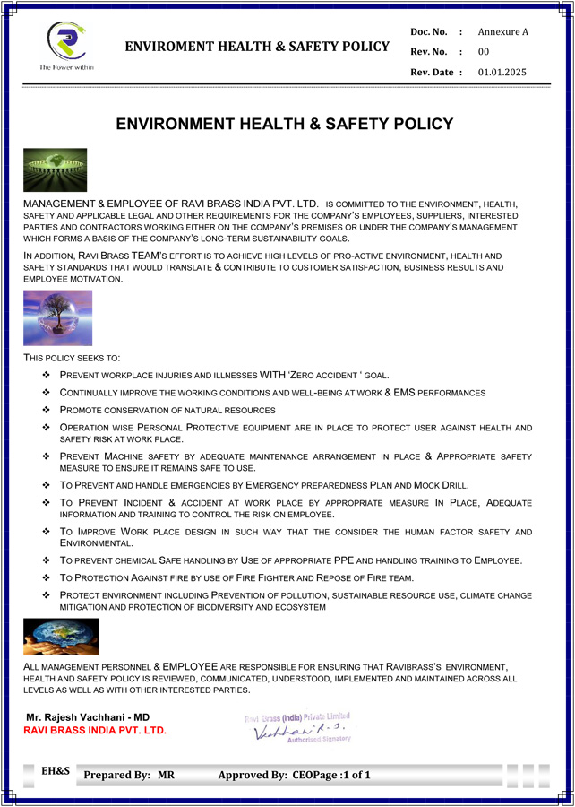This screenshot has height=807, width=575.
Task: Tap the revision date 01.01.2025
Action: click(x=502, y=72)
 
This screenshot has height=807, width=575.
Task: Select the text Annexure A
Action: click(x=503, y=32)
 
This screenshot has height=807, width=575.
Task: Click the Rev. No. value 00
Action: click(x=484, y=52)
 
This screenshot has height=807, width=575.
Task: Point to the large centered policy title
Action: click(x=285, y=125)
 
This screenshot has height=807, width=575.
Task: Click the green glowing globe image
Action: click(x=56, y=169)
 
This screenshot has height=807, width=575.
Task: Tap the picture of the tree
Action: click(x=57, y=318)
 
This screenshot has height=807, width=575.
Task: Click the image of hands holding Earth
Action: click(x=61, y=637)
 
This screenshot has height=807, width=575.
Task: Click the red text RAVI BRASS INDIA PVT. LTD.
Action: click(x=95, y=731)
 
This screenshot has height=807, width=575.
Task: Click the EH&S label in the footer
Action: click(x=56, y=770)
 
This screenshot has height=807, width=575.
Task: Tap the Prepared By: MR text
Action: click(x=129, y=775)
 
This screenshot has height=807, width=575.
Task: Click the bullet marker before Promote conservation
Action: click(x=47, y=410)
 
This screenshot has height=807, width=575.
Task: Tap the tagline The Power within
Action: click(x=65, y=67)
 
